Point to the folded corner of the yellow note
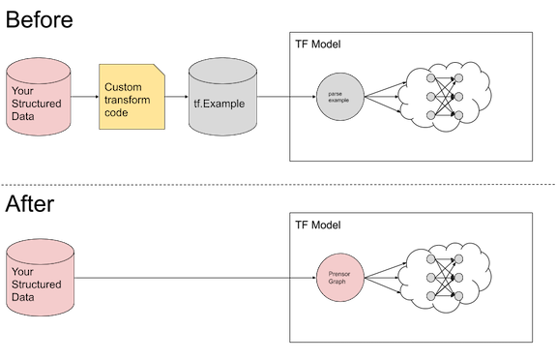[161, 70]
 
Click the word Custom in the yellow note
[123, 87]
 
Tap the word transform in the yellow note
[129, 99]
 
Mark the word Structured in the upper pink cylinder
[37, 104]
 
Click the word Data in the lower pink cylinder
[22, 297]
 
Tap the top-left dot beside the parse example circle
[429, 78]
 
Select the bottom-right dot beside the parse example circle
[458, 114]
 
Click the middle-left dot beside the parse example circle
[429, 96]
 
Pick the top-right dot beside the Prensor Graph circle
[458, 259]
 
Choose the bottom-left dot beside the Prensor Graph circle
[429, 296]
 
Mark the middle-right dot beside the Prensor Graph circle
[458, 278]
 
